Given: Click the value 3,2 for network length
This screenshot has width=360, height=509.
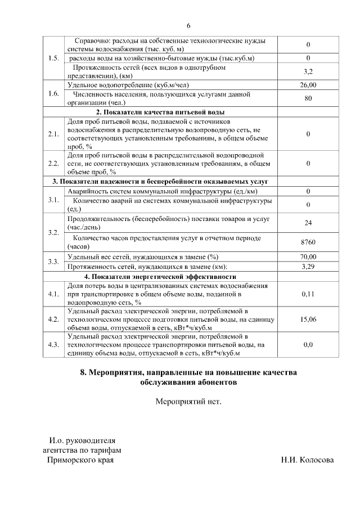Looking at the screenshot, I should tap(308, 71).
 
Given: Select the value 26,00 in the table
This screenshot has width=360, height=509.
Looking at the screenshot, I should tap(308, 85).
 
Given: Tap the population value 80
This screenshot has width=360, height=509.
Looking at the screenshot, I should tap(308, 98).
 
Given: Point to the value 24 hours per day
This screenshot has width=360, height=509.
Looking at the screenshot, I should tap(308, 223).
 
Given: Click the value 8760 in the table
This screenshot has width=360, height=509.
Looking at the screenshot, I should tap(308, 242).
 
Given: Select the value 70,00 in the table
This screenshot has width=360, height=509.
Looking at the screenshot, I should tap(308, 256).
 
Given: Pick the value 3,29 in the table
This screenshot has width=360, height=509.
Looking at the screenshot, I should tap(308, 267).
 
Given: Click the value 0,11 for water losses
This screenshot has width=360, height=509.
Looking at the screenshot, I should tap(308, 294).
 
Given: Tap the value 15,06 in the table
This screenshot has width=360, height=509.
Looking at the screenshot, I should tap(308, 319).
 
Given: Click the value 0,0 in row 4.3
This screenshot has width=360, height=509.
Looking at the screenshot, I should tap(308, 344).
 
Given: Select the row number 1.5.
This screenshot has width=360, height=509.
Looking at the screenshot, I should tap(54, 58).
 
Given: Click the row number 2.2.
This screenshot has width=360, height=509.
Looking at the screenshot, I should tap(54, 163).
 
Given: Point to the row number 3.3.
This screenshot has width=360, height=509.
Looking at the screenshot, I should tap(54, 262).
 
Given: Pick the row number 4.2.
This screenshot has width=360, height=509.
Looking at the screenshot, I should tap(54, 319).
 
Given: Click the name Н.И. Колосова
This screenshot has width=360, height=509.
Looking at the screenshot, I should tap(307, 460).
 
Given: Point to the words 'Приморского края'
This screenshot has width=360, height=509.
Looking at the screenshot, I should tap(80, 460).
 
